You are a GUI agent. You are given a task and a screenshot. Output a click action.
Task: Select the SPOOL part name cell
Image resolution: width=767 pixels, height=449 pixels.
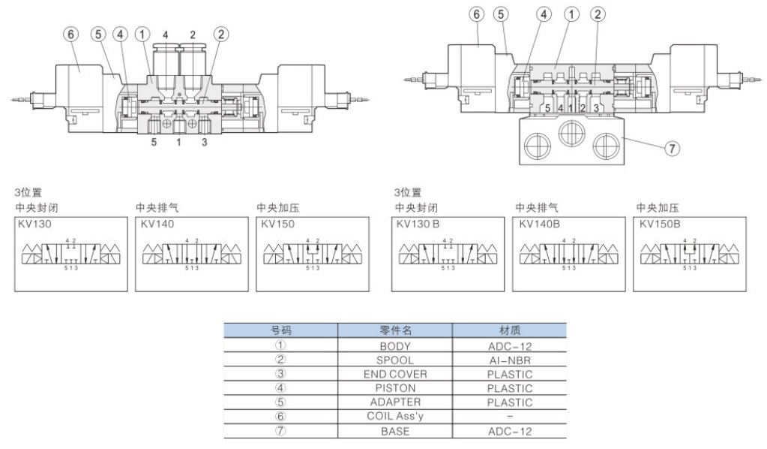click(396, 360)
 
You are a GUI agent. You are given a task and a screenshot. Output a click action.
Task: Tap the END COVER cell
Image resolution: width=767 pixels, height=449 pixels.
click(396, 374)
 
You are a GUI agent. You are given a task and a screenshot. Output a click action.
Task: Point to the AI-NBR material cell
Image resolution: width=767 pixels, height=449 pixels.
click(510, 360)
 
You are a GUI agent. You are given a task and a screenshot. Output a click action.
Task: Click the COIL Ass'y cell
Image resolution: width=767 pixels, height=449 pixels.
click(396, 415)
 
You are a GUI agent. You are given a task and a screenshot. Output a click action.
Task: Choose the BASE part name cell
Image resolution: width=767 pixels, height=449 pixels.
click(396, 429)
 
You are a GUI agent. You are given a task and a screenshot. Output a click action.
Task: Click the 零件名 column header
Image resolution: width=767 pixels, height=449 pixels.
click(396, 330)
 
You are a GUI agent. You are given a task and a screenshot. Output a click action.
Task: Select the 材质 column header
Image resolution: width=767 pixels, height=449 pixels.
click(510, 330)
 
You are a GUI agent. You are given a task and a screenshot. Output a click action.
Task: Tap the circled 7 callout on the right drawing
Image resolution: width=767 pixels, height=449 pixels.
click(673, 148)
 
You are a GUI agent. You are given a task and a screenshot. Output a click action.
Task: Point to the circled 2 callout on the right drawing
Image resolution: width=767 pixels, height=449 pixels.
click(598, 14)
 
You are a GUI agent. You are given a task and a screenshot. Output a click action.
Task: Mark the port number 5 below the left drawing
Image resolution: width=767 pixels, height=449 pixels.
click(153, 141)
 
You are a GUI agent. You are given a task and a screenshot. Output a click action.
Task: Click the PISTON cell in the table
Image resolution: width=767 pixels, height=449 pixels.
click(396, 387)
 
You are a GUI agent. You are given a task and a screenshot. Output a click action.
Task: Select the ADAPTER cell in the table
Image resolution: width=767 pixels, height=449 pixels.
click(396, 402)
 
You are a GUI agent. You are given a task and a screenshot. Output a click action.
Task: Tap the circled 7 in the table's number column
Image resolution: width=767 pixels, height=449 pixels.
click(281, 429)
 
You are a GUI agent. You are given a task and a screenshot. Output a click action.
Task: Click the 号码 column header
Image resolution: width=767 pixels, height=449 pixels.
click(281, 330)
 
